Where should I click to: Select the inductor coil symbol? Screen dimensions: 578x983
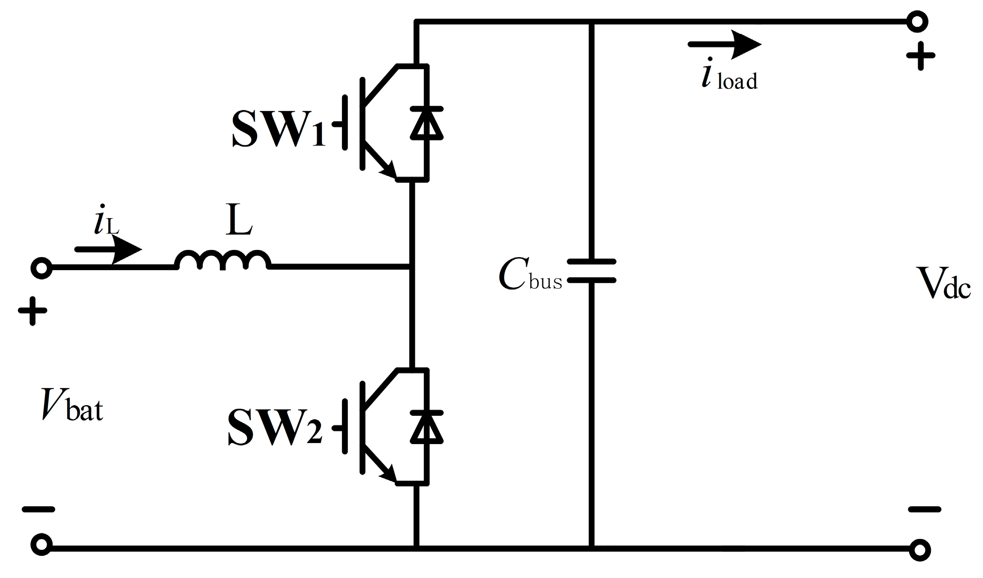pyautogui.click(x=223, y=260)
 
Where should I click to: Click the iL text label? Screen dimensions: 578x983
pyautogui.click(x=106, y=223)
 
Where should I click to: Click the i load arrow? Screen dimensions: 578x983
pyautogui.click(x=724, y=45)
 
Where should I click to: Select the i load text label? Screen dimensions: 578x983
pyautogui.click(x=729, y=78)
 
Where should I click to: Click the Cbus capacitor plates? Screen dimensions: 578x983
pyautogui.click(x=592, y=271)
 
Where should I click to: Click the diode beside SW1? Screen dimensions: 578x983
pyautogui.click(x=427, y=123)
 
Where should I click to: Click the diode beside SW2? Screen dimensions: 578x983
pyautogui.click(x=427, y=426)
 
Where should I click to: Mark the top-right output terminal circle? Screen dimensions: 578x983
pyautogui.click(x=917, y=22)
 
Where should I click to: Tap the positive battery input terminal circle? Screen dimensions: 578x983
pyautogui.click(x=41, y=268)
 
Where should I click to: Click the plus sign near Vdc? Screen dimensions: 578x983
pyautogui.click(x=921, y=56)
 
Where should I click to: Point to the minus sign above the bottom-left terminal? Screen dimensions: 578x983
pyautogui.click(x=39, y=509)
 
